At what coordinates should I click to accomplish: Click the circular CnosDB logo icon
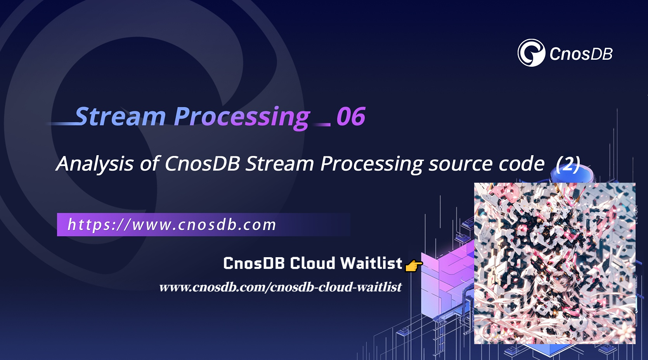(x=531, y=53)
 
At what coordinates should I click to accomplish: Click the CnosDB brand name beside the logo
(x=581, y=54)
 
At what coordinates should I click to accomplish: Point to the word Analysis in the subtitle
(x=95, y=164)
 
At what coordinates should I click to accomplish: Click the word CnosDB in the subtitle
(x=202, y=164)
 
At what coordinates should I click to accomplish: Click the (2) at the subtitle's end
(x=568, y=164)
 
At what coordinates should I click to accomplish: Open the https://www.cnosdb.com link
(x=172, y=225)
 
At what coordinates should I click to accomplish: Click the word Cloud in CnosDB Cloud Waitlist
(x=312, y=263)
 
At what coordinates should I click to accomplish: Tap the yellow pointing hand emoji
(x=413, y=266)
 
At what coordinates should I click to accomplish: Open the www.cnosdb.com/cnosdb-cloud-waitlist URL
(x=280, y=287)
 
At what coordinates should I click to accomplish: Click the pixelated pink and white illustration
(x=554, y=263)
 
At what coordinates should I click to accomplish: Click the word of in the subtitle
(x=149, y=164)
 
